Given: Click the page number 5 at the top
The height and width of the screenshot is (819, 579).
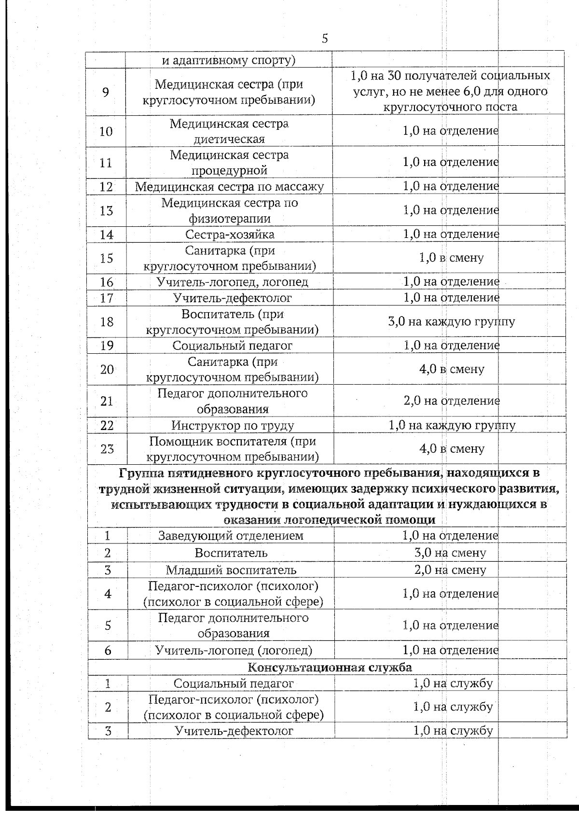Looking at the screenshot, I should (325, 39).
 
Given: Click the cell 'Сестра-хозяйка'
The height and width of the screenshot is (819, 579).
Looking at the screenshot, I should (230, 235).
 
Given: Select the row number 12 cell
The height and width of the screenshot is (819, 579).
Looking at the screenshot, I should (106, 187).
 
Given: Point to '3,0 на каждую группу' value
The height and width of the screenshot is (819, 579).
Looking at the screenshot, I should (452, 321).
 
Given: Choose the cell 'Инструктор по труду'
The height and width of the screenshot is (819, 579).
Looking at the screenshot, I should (233, 425).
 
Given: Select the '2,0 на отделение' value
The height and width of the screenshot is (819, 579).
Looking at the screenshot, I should (452, 401).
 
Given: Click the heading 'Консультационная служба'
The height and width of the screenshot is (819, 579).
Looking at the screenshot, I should (330, 667).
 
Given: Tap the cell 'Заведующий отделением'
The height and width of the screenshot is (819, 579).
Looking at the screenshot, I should (231, 535).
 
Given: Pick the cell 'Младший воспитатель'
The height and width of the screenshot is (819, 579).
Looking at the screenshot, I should (231, 570).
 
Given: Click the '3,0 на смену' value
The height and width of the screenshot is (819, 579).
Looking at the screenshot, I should (450, 553).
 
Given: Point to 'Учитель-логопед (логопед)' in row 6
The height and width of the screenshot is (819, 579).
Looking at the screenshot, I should (234, 650).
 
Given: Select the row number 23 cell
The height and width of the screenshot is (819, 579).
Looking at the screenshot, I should (107, 449).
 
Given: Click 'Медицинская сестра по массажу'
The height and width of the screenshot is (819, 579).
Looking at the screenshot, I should (229, 187).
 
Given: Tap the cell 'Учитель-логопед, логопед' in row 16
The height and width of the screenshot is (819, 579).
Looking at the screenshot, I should (233, 282).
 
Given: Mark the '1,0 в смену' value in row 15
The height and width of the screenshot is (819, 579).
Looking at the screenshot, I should (452, 258).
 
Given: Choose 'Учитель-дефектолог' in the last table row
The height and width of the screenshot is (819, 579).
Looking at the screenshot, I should (234, 731).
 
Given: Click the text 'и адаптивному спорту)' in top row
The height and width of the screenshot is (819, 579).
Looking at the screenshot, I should (229, 61).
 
